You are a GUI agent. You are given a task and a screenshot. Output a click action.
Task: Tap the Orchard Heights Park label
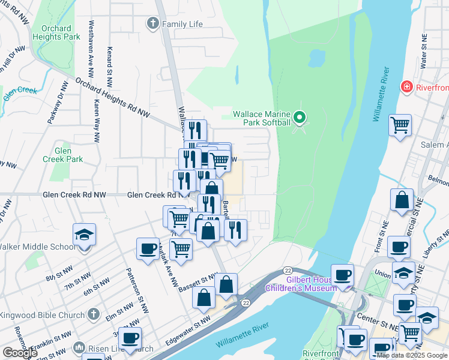[56, 32]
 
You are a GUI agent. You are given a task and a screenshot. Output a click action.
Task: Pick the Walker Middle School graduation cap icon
[85, 235]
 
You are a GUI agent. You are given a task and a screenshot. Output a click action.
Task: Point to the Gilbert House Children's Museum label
[302, 284]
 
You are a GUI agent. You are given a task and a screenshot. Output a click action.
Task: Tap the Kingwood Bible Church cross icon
[93, 313]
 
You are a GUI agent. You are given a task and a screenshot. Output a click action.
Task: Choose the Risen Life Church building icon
[79, 347]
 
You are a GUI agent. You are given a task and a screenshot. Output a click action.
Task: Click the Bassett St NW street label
[196, 283]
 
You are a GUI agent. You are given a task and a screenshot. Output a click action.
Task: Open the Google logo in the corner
[19, 353]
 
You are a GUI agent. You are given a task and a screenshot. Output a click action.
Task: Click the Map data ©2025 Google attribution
[412, 355]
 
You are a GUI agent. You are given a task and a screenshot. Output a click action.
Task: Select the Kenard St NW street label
[109, 65]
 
